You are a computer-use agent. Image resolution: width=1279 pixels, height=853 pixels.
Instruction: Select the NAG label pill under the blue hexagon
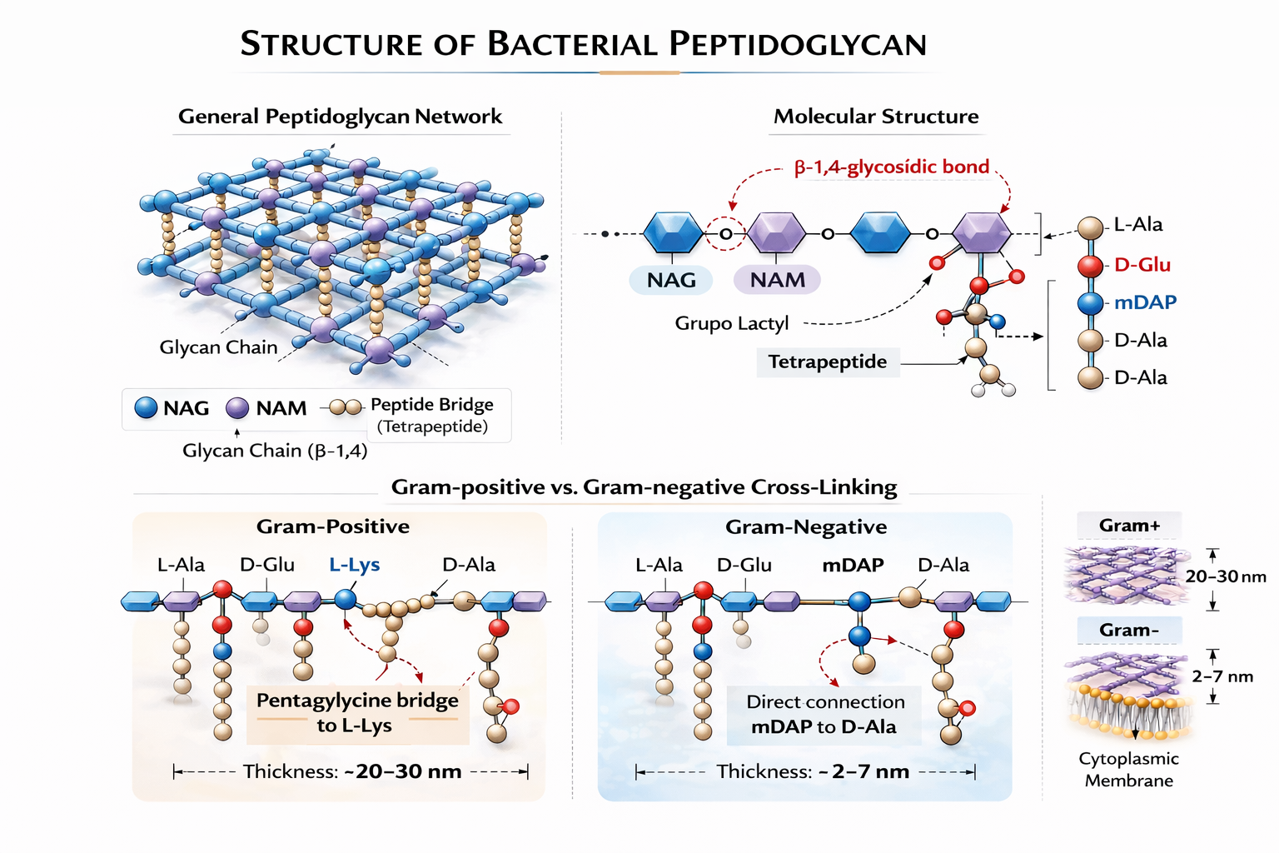coord(671,280)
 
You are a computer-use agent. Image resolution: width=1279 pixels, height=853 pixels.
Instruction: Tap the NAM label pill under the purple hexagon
coord(777,280)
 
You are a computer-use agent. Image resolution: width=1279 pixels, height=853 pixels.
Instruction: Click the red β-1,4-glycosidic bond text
coord(891,167)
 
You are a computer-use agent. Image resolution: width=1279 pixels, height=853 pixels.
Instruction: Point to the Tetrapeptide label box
coord(828,362)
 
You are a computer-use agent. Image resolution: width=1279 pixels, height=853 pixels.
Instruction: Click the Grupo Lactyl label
coord(731,323)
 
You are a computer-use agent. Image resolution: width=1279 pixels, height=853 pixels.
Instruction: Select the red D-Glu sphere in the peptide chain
coord(1090,266)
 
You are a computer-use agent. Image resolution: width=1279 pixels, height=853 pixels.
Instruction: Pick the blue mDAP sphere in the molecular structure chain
coord(1090,303)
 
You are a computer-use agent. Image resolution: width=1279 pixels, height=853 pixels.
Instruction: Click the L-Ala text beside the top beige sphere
coord(1138,225)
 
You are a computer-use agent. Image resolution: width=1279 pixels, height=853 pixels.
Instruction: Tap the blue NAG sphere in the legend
coord(146,407)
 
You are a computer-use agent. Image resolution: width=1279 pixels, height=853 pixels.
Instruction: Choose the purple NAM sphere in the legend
coord(237,407)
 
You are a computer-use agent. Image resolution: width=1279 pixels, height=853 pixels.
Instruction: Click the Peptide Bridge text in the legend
coord(431,405)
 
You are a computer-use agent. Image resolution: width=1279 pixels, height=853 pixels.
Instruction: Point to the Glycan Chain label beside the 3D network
coord(218,347)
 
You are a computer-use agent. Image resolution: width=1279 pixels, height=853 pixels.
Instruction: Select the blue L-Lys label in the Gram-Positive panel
coord(354,565)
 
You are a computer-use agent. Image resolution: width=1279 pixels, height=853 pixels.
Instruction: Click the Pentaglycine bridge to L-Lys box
coord(357,713)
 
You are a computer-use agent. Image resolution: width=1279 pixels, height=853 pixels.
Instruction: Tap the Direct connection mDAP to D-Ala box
coord(824,715)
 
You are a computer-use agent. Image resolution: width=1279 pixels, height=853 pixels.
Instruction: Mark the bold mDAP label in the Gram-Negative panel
coord(853,566)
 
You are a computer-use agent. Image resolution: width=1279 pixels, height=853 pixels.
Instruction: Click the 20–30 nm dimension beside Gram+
coord(1226,576)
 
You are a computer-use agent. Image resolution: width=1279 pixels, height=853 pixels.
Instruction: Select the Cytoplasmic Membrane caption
coord(1128,770)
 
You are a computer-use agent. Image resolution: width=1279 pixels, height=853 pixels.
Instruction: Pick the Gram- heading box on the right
coord(1128,631)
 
